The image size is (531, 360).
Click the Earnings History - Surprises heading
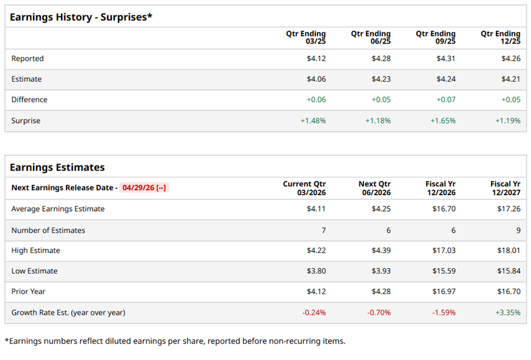coord(81,16)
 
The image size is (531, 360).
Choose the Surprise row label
coord(26,121)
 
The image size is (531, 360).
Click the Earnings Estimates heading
coord(57,167)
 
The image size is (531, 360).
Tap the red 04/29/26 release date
coord(145,188)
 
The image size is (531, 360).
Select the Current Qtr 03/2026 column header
coord(305,188)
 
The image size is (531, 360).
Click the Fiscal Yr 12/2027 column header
coord(505,188)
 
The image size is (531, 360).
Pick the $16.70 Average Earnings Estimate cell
coord(443,209)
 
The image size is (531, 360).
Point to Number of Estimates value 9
coord(518,230)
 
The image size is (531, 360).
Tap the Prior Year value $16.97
coord(443,292)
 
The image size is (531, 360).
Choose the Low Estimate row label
coord(34,271)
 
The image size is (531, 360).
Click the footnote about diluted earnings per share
coord(175,341)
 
